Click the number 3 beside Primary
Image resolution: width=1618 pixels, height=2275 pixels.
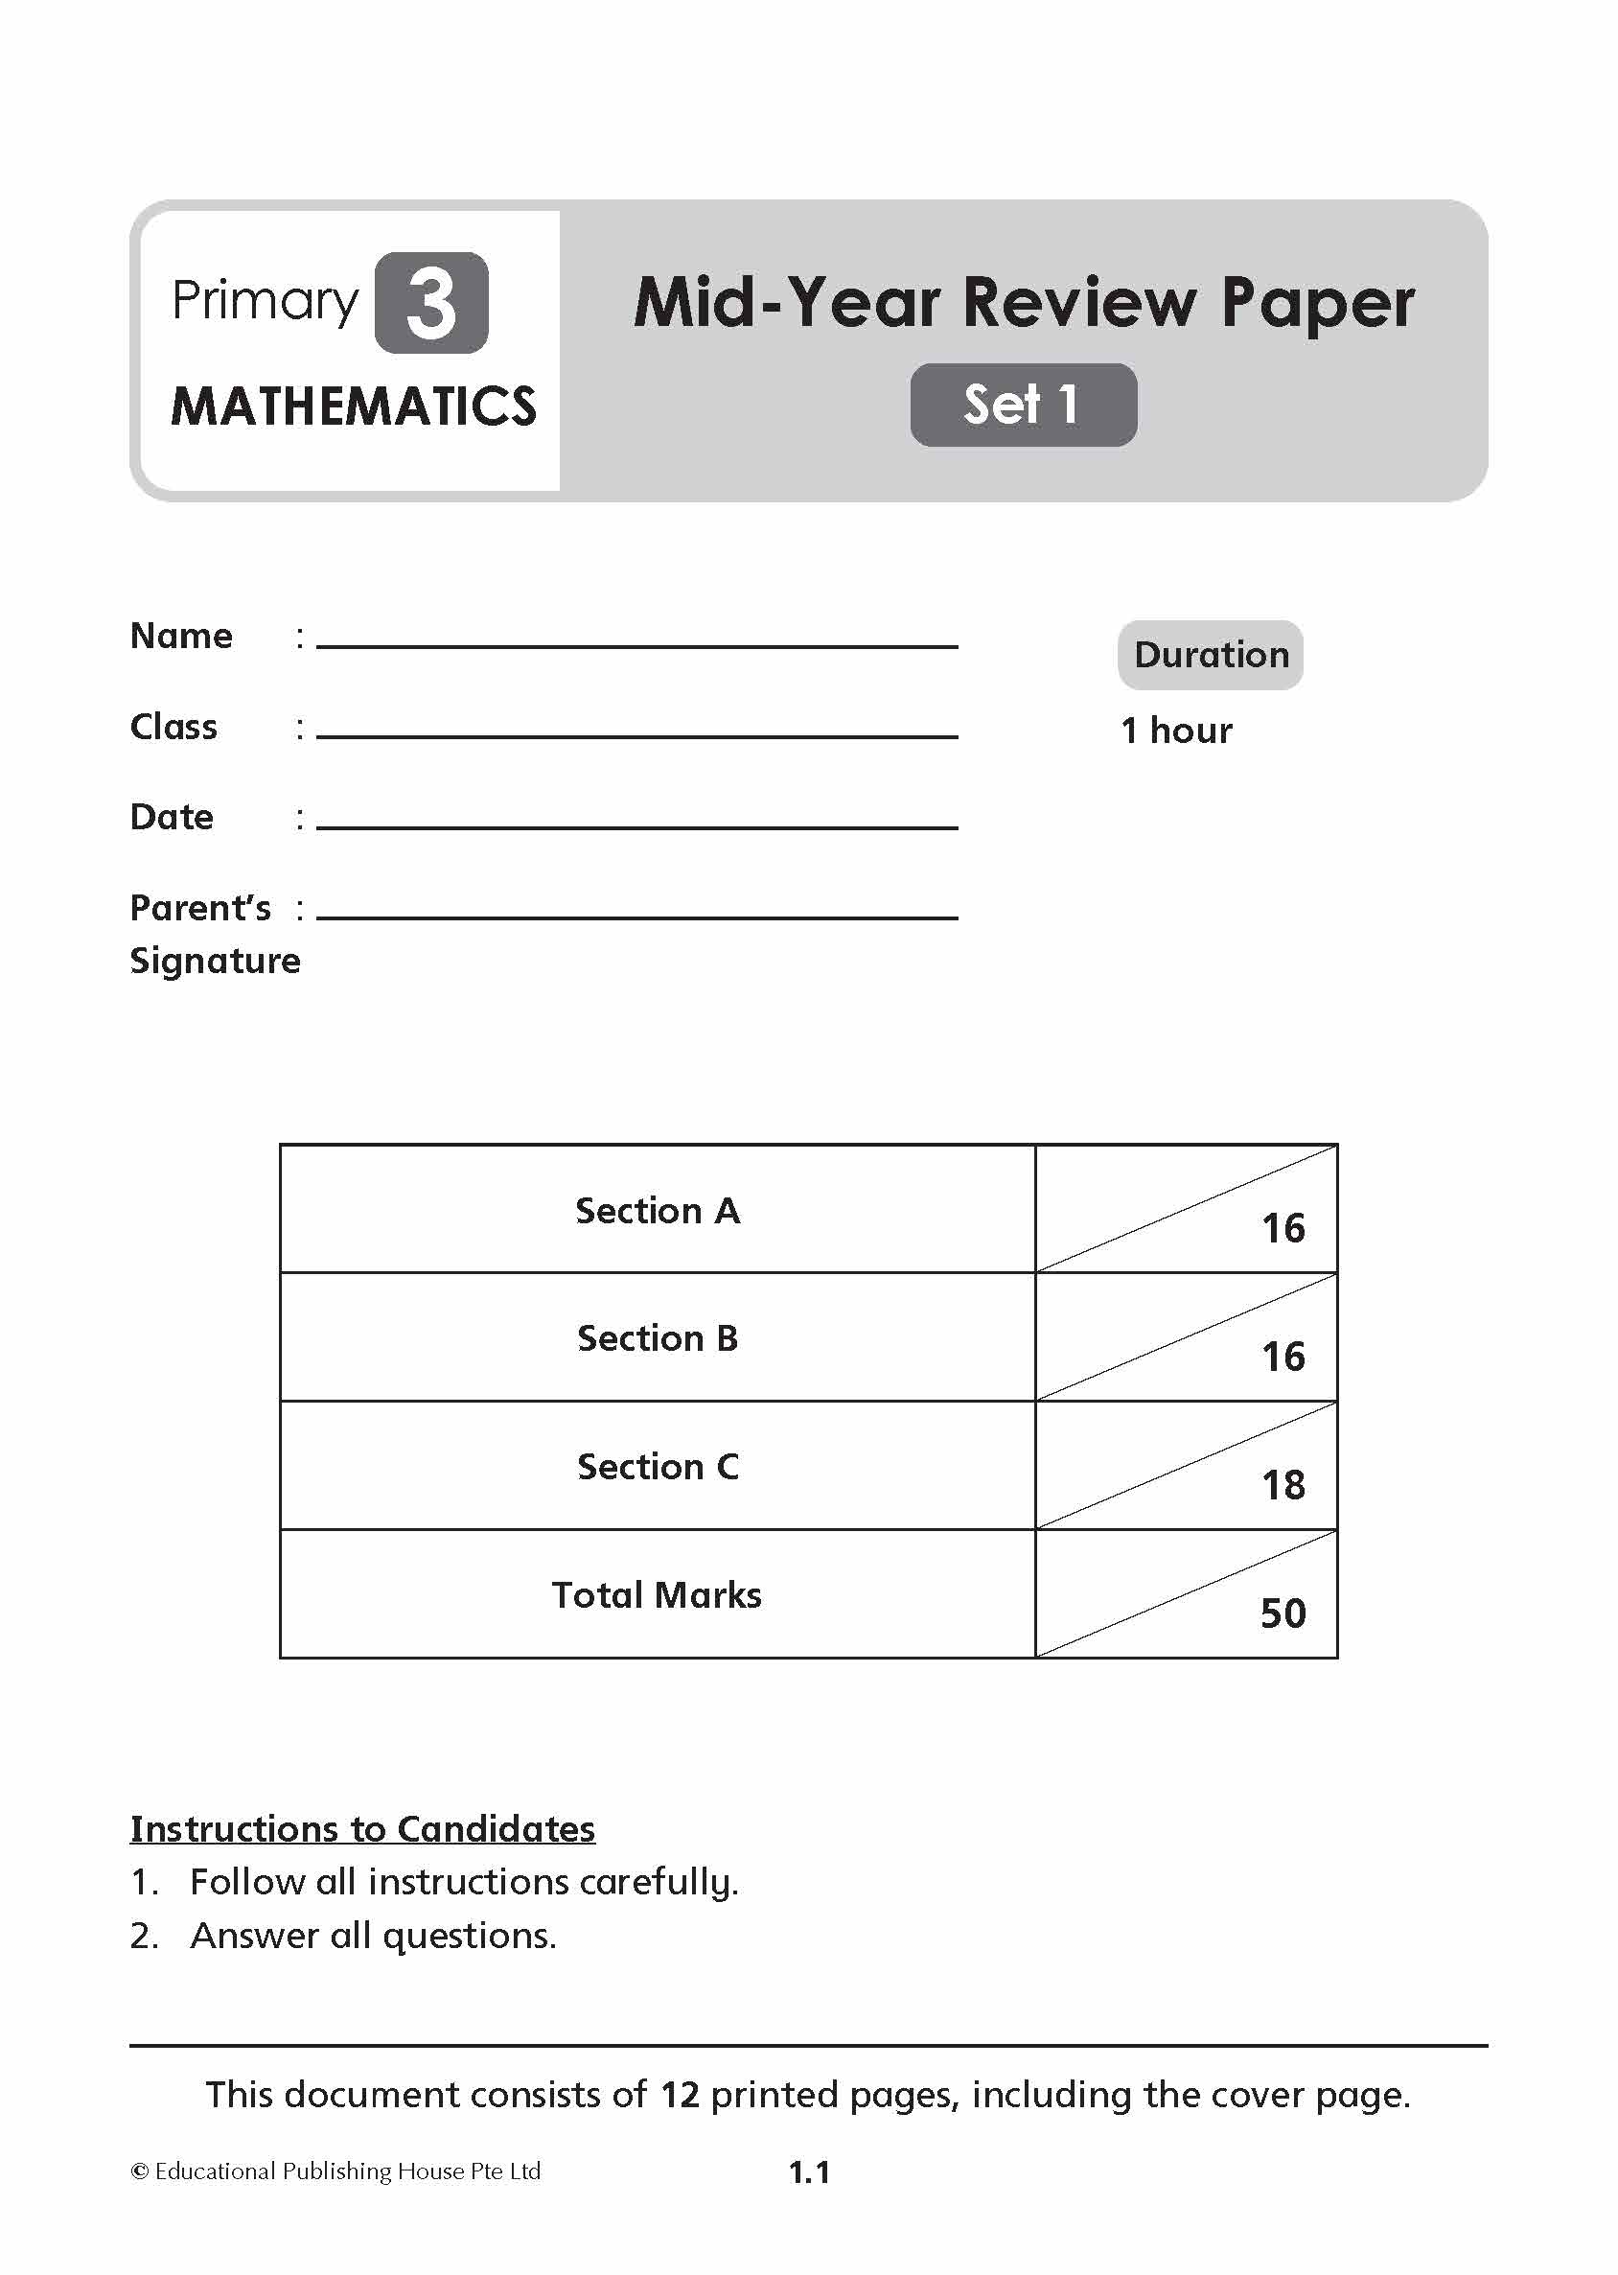tap(431, 303)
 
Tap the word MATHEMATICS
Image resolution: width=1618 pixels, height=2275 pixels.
tap(354, 406)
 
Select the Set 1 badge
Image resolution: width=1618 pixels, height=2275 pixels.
tap(1022, 405)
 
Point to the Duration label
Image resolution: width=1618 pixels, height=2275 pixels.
tap(1211, 655)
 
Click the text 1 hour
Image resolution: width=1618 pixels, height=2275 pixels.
tap(1176, 731)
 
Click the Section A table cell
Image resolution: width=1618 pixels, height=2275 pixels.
tap(658, 1211)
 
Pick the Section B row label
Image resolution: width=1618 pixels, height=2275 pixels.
tap(658, 1338)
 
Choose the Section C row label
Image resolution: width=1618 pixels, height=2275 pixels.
tap(658, 1467)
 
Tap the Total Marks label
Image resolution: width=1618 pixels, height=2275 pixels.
tap(657, 1595)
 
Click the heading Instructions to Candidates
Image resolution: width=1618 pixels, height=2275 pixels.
tap(362, 1828)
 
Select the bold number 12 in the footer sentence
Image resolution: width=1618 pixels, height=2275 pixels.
tap(680, 2095)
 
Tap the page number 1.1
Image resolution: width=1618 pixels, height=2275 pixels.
tap(809, 2172)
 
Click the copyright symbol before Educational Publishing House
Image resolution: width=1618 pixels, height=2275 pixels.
tap(140, 2171)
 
